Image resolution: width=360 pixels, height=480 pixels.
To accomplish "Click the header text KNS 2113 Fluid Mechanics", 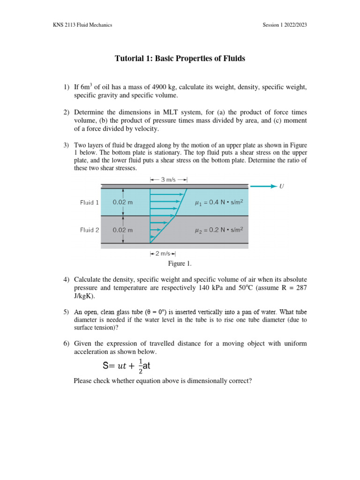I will [x=82, y=25].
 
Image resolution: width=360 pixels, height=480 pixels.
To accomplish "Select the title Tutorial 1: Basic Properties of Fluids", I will [x=180, y=59].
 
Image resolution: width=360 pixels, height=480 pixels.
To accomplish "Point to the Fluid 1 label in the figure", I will [x=90, y=202].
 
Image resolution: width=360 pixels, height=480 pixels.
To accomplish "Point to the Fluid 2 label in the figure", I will [x=90, y=230].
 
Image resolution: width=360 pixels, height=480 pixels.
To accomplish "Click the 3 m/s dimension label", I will [x=168, y=179].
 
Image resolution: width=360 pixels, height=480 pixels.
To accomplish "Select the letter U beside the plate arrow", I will [x=281, y=187].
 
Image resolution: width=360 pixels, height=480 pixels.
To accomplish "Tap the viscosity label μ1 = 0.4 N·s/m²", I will [x=219, y=202].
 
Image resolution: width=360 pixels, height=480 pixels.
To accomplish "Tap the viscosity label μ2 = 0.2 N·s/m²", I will [x=219, y=230].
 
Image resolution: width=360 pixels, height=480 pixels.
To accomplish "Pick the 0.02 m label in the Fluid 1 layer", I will [x=123, y=202].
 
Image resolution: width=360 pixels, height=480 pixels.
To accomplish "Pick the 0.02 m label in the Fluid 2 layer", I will [x=123, y=230].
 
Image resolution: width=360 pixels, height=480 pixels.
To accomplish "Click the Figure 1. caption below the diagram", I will [x=180, y=264].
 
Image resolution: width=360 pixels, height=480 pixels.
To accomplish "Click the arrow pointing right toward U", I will [x=263, y=187].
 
